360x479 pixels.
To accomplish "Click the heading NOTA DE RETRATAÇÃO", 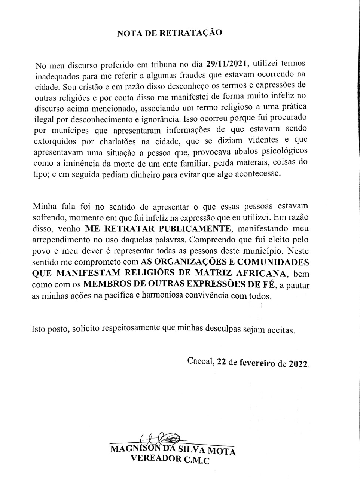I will tap(170, 33).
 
